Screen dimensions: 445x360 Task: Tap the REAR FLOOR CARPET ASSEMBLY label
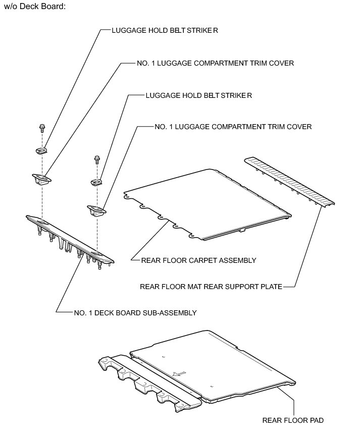pyautogui.click(x=198, y=260)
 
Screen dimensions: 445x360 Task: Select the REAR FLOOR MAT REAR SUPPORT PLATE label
pyautogui.click(x=211, y=287)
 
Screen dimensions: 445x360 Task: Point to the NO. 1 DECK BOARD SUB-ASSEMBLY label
pyautogui.click(x=135, y=313)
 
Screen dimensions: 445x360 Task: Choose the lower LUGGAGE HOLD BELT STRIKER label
pyautogui.click(x=198, y=95)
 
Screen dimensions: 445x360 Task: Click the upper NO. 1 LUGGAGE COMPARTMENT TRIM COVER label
pyautogui.click(x=215, y=64)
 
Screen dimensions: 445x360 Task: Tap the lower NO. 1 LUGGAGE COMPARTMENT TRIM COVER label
pyautogui.click(x=233, y=127)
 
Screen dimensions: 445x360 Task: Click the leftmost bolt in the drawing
pyautogui.click(x=41, y=128)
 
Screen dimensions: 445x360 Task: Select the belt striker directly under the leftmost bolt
pyautogui.click(x=42, y=150)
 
